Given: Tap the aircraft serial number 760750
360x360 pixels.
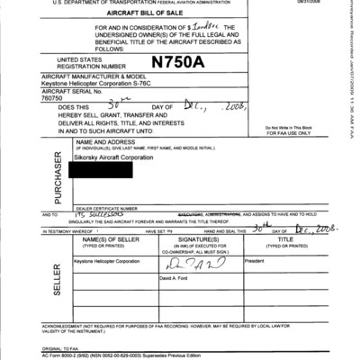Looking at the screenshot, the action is (x=85, y=99).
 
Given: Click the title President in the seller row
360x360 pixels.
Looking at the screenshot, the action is (x=259, y=261).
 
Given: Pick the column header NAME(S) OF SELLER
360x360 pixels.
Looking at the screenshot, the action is (x=112, y=240).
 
